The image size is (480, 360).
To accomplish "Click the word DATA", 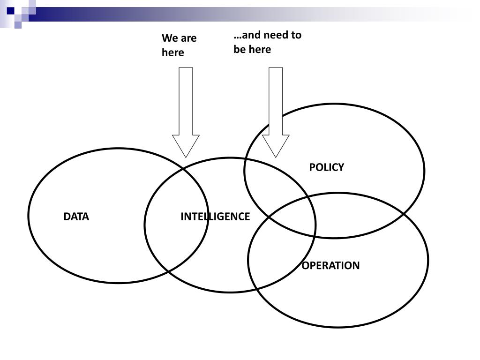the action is (x=76, y=217).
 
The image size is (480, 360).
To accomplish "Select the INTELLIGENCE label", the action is (x=215, y=217).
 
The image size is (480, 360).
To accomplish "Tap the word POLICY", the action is (x=326, y=167).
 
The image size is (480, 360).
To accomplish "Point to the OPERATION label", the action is (x=330, y=266).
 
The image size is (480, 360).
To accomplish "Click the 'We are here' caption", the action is (x=179, y=45).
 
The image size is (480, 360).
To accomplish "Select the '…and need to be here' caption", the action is (x=267, y=42).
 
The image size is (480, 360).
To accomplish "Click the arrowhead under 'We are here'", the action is (x=186, y=145).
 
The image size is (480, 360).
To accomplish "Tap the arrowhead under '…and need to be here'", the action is (x=276, y=145).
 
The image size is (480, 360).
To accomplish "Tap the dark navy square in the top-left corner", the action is (x=10, y=10).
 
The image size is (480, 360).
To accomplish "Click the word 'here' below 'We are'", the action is (x=173, y=52).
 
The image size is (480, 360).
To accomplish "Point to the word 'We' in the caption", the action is (x=169, y=38).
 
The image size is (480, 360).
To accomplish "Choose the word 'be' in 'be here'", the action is (x=240, y=49).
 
